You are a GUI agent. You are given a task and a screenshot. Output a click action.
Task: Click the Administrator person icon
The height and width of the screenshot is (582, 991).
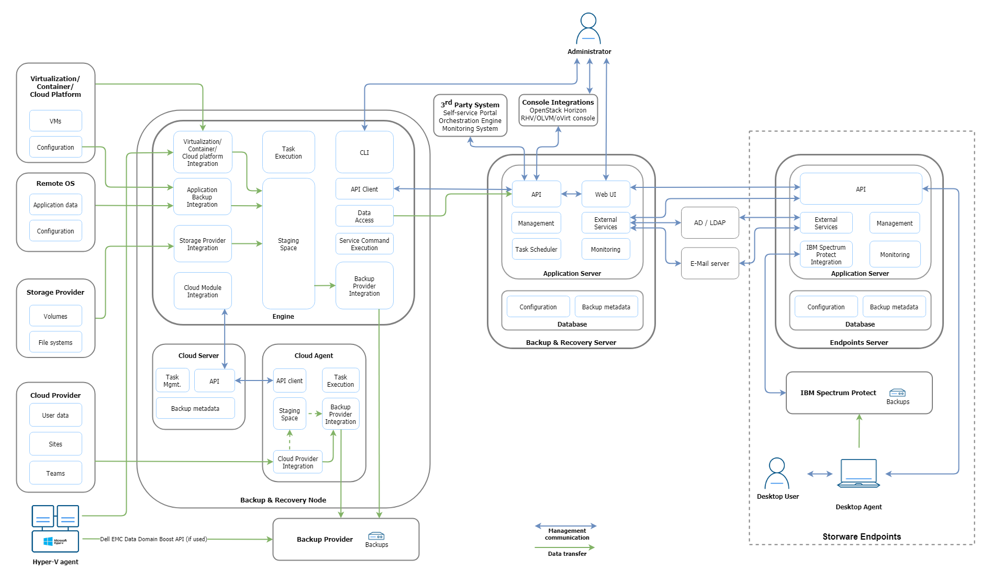[588, 29]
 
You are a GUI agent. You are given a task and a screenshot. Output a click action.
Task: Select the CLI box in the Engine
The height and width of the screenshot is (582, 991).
[364, 152]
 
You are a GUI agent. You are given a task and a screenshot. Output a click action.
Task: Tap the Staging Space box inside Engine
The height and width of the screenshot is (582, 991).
[288, 244]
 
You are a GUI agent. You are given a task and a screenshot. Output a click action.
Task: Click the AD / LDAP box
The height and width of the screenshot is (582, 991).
[710, 223]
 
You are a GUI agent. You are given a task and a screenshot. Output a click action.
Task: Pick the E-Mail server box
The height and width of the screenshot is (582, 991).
[710, 263]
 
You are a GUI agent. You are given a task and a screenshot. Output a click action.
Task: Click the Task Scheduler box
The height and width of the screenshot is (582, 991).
[536, 249]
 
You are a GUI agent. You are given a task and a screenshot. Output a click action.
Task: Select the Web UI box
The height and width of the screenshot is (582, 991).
[605, 194]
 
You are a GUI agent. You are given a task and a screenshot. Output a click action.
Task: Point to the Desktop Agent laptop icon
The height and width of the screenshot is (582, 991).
[859, 473]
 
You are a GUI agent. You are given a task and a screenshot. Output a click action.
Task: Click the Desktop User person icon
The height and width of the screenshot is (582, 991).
[777, 473]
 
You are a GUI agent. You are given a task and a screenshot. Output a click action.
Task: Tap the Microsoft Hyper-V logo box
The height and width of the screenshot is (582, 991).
[55, 541]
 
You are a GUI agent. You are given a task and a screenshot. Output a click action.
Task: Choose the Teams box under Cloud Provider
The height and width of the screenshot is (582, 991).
[55, 473]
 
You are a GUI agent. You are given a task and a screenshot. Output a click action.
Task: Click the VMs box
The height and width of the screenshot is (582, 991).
[55, 121]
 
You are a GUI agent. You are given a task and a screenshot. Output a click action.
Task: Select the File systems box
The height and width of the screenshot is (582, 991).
[55, 342]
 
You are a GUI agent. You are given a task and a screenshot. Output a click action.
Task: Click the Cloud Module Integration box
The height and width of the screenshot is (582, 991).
[203, 291]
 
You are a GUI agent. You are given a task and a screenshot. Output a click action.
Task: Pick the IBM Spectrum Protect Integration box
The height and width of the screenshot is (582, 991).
[826, 254]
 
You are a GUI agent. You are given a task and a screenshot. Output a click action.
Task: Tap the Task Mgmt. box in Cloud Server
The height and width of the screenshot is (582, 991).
[172, 380]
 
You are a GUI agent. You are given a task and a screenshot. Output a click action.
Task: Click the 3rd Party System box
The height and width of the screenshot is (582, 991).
[470, 116]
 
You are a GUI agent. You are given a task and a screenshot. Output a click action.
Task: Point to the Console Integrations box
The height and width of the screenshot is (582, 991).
[558, 110]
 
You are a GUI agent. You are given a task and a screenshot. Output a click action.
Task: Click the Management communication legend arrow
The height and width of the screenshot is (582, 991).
[565, 525]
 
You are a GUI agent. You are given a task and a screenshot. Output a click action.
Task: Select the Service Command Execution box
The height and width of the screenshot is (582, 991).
[364, 244]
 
